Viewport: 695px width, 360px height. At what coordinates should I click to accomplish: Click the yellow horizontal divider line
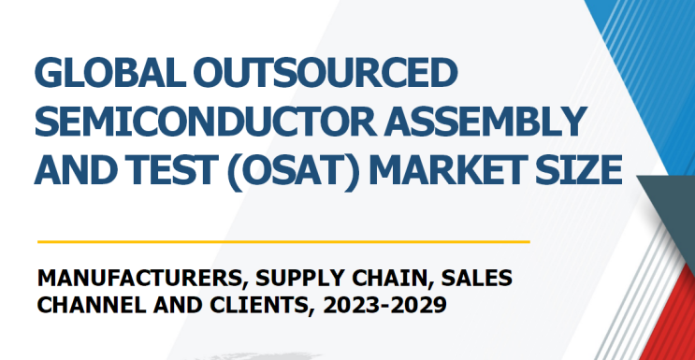[282, 241]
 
